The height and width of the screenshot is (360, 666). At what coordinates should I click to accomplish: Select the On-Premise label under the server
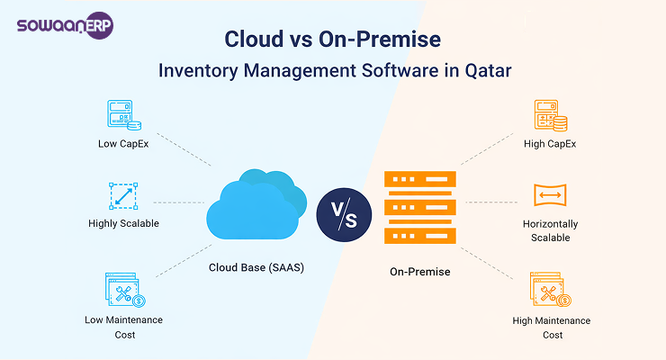tap(418, 270)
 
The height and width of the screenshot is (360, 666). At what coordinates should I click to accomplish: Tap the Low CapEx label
tap(123, 144)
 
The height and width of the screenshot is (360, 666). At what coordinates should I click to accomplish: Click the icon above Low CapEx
tap(123, 115)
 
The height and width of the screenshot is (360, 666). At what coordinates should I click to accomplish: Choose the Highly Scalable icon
tap(123, 195)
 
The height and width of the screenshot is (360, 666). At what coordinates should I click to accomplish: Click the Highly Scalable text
tap(123, 223)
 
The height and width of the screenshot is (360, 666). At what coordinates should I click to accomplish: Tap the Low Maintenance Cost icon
tap(123, 290)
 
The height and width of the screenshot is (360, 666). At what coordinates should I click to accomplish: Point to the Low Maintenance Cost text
tap(123, 327)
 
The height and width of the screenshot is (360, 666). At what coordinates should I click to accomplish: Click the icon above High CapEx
tap(551, 115)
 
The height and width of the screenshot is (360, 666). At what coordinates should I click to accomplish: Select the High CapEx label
tap(551, 144)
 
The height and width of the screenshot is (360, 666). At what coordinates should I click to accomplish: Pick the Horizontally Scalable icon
tap(551, 195)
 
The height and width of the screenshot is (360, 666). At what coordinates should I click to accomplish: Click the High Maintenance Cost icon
tap(551, 290)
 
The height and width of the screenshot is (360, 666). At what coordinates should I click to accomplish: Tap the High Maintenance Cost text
tap(552, 327)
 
